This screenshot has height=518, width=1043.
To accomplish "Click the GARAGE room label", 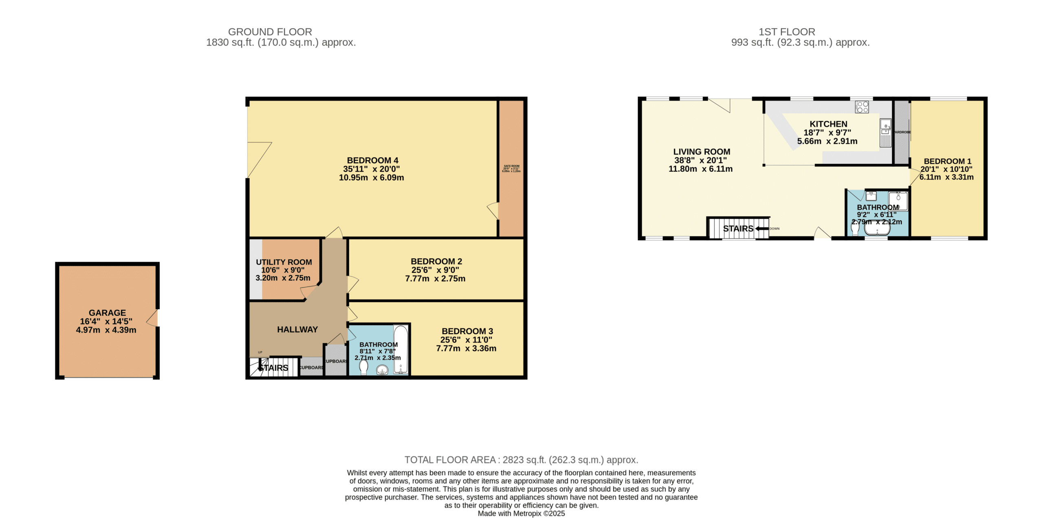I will [x=107, y=313].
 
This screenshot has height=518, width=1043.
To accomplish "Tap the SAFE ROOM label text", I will [x=511, y=166].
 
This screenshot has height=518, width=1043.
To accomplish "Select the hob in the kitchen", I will [x=862, y=107].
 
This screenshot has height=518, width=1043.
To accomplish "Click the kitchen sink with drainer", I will [x=885, y=133].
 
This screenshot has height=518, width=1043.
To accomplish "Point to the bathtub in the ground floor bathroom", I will [x=400, y=349].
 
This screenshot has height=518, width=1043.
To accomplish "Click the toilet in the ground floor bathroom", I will [x=363, y=367].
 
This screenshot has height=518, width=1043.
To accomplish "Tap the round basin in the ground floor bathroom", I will [x=382, y=369].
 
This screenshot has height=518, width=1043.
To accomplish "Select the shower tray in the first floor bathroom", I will [x=898, y=201].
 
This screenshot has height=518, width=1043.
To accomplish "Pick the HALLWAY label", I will [x=297, y=330].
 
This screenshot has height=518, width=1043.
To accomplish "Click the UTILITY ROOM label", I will [x=284, y=262].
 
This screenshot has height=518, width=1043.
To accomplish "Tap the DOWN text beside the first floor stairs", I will [x=774, y=229].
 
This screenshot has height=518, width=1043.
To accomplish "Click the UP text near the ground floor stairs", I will [x=260, y=352].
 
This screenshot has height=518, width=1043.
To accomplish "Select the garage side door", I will [x=153, y=318].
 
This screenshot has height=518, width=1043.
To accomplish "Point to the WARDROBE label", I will [x=902, y=132].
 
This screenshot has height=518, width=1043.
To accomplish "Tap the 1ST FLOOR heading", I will [x=786, y=32].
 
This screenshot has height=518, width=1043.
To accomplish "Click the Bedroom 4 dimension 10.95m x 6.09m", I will [x=371, y=178].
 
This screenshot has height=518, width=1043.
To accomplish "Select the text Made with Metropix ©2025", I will [x=521, y=514].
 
